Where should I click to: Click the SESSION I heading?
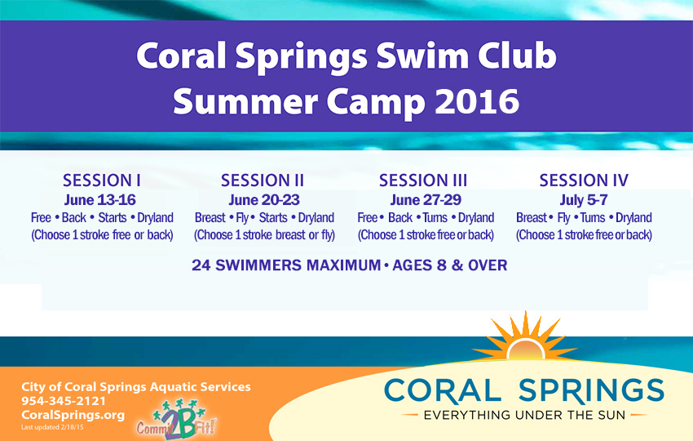(x=102, y=180)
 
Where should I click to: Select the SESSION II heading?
(x=263, y=180)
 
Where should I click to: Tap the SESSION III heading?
(x=423, y=180)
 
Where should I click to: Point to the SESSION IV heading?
(x=584, y=180)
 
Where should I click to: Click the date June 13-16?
(x=100, y=200)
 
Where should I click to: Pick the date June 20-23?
(x=264, y=200)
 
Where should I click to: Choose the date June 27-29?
(x=426, y=200)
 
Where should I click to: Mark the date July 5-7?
(x=584, y=200)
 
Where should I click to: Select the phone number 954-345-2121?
(x=64, y=401)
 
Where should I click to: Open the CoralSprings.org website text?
(x=73, y=416)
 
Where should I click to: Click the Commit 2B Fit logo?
(x=176, y=419)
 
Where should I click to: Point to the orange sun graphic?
(x=525, y=338)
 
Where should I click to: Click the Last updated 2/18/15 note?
(x=52, y=427)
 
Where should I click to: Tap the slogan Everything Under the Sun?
(x=524, y=416)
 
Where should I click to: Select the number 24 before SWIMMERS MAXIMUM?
(x=201, y=265)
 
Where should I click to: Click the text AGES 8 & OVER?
(x=450, y=265)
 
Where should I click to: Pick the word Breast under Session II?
(x=210, y=218)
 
